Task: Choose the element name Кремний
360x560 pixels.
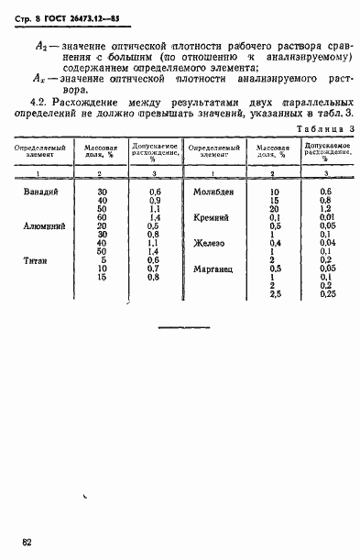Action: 212,217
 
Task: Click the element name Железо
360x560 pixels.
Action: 210,243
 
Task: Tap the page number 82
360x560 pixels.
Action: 28,543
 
